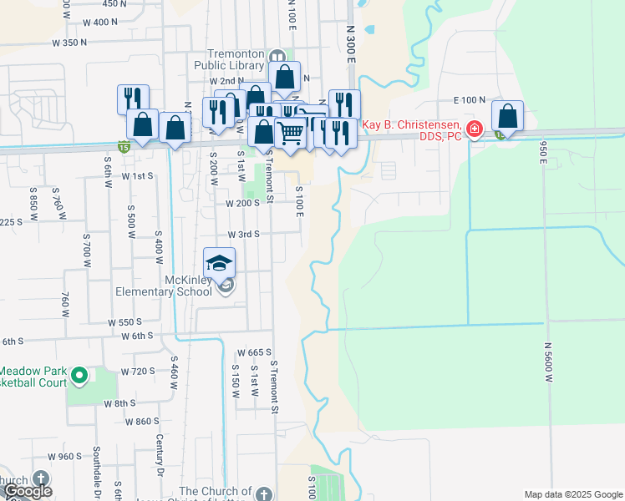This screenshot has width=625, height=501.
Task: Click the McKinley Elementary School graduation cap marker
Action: pos(220,262)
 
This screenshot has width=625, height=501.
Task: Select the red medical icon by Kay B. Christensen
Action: pos(475,129)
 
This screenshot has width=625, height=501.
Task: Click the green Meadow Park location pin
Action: pos(80,376)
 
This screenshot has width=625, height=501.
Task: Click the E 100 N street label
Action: pos(470,99)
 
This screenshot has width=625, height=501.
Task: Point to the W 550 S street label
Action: pos(124,321)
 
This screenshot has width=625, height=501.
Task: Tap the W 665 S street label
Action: pos(256,352)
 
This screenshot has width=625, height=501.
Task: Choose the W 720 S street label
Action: pos(139,370)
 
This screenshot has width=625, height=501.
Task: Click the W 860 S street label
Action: pos(142,422)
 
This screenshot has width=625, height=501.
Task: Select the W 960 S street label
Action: pos(65,457)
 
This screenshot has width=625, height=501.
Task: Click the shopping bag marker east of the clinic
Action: pos(507,115)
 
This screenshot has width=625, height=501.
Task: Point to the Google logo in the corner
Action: pos(28,491)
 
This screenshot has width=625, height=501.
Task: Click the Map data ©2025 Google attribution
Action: pos(572,494)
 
